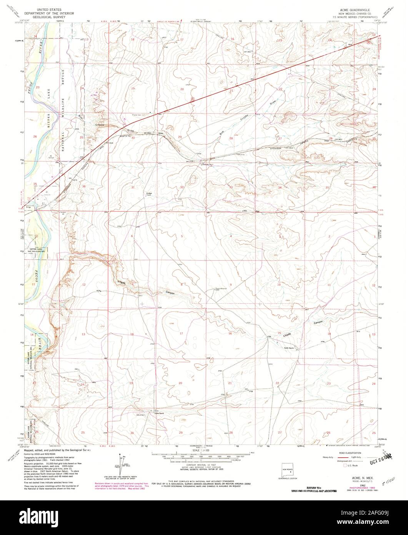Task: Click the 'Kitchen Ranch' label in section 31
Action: [149, 194]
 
